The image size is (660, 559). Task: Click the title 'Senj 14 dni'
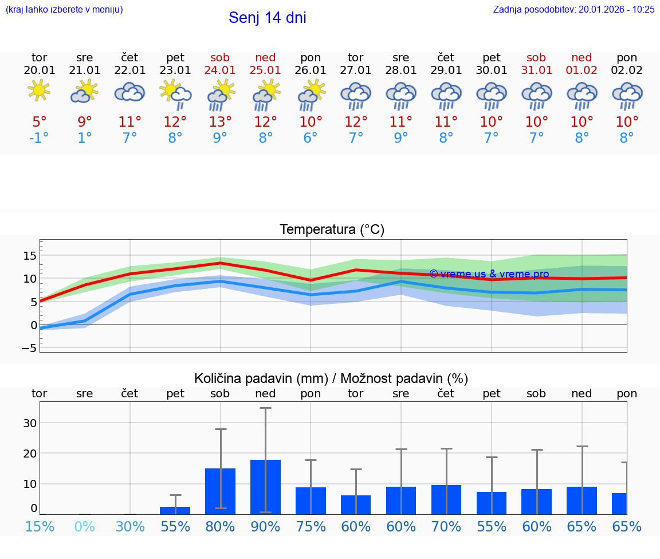[x=267, y=18]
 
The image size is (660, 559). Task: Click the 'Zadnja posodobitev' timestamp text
[x=573, y=9]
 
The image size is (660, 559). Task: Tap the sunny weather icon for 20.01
[x=39, y=91]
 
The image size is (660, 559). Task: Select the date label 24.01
[x=220, y=71]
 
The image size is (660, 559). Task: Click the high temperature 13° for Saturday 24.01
[x=220, y=122]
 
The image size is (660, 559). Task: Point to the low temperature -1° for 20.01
[x=39, y=138]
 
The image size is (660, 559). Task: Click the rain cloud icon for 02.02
[x=627, y=96]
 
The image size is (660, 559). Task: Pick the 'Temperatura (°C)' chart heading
[x=332, y=230]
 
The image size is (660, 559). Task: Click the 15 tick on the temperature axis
[x=30, y=255]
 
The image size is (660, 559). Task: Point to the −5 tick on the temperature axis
[x=29, y=348]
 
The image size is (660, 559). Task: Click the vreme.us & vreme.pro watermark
[x=489, y=274]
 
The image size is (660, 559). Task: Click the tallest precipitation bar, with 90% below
[x=265, y=487]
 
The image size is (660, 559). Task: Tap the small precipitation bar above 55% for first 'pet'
[x=175, y=510]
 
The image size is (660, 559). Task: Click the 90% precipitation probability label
[x=265, y=526]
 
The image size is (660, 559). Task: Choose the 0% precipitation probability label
[x=84, y=526]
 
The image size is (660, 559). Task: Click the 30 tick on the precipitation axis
[x=30, y=423]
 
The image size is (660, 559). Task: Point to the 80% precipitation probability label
[x=220, y=526]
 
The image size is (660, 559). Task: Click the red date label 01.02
[x=582, y=71]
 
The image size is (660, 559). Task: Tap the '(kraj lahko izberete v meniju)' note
[x=64, y=9]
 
